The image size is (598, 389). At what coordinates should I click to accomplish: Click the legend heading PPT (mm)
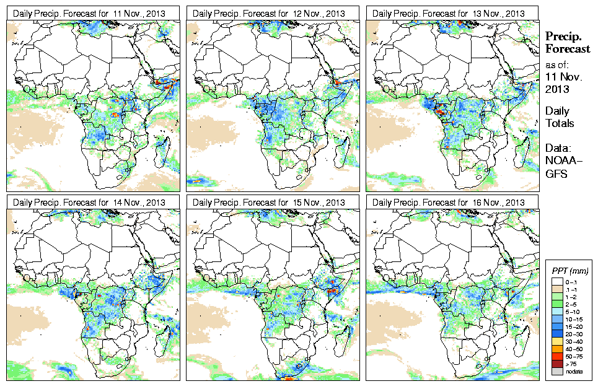[570, 271]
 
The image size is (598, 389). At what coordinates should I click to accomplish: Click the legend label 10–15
[574, 319]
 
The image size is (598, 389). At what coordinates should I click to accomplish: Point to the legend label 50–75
[574, 356]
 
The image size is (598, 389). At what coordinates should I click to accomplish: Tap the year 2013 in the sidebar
[557, 89]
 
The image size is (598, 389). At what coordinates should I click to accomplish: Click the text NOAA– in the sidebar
[560, 162]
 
